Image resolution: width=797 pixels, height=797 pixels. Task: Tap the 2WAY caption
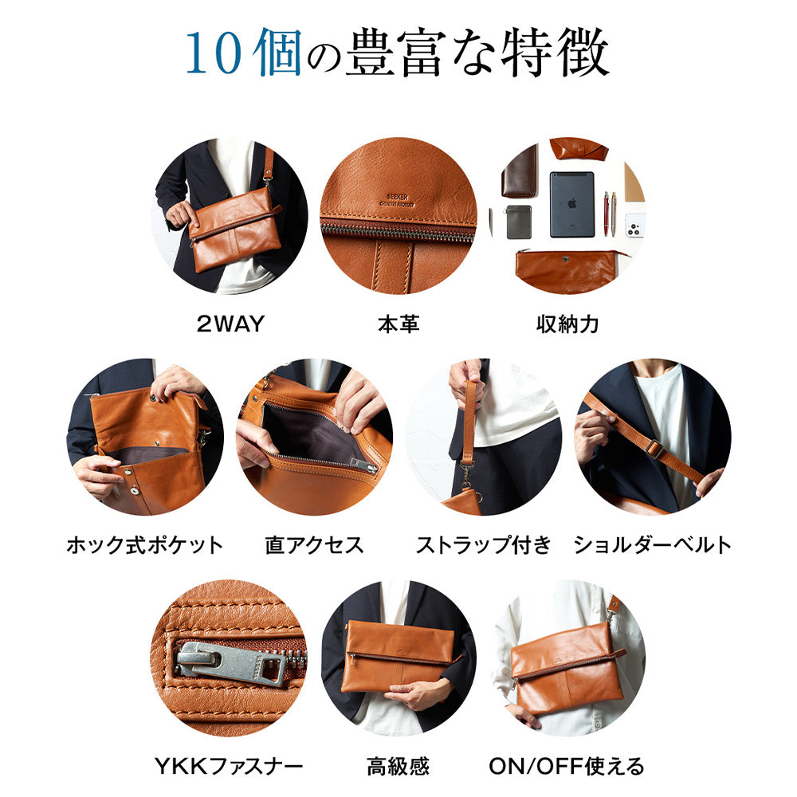tap(231, 324)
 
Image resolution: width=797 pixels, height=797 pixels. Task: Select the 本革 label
tap(398, 324)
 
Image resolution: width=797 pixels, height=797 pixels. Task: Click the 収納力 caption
tap(567, 324)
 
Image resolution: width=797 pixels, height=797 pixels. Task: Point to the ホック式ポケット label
tap(145, 545)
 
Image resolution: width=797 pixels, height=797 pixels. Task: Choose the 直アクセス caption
tap(315, 545)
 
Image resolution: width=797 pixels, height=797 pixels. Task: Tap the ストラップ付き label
tap(484, 545)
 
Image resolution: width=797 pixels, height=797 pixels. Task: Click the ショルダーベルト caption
tap(653, 545)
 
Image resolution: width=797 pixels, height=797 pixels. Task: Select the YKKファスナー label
tap(229, 766)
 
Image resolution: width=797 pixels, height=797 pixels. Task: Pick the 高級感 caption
tap(398, 766)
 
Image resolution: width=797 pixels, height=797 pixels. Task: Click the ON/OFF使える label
tap(567, 766)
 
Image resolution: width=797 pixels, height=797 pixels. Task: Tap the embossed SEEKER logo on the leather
tap(398, 200)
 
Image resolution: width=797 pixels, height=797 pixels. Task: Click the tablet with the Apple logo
tap(571, 204)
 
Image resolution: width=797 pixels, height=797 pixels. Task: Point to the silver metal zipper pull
tap(231, 663)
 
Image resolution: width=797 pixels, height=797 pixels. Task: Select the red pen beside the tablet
tap(607, 214)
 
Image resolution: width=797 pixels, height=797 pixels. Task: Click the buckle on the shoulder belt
tap(654, 448)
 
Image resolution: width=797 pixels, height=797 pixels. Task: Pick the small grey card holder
tap(519, 222)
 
